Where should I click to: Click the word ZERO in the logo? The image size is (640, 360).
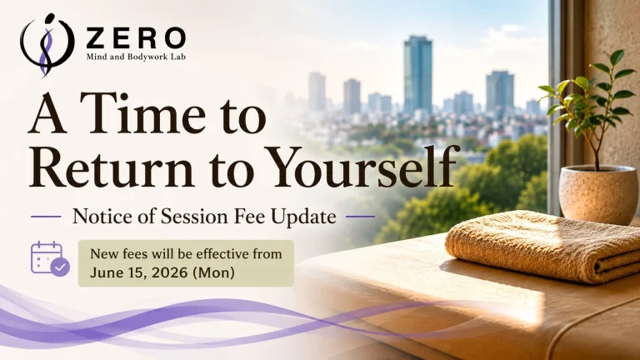pos(137,38)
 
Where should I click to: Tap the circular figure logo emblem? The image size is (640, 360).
pos(47,45)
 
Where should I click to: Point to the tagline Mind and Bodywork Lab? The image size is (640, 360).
pos(136,57)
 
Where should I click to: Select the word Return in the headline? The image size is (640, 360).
pos(111,167)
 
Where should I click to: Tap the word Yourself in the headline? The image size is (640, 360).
pos(358,166)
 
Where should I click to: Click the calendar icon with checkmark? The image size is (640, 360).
pos(50,259)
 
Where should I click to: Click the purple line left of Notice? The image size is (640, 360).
pos(46,217)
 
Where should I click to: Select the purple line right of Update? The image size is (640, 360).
pos(360,217)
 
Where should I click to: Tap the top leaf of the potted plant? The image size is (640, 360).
pos(617,57)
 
